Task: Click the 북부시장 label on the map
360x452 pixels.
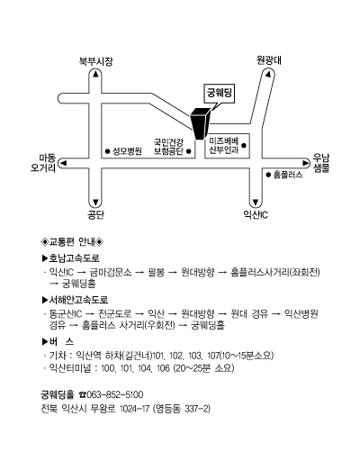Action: pyautogui.click(x=96, y=61)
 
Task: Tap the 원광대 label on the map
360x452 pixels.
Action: pyautogui.click(x=269, y=60)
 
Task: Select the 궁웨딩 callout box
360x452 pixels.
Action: pyautogui.click(x=220, y=94)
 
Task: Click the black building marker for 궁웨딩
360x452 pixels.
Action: pyautogui.click(x=200, y=123)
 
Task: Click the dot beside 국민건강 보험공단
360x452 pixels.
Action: pyautogui.click(x=189, y=151)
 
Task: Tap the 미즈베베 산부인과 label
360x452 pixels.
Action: pyautogui.click(x=224, y=146)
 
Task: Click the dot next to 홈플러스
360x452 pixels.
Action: pyautogui.click(x=268, y=175)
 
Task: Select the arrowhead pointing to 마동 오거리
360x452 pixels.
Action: pyautogui.click(x=63, y=163)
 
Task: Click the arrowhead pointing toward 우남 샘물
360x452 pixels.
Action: pyautogui.click(x=306, y=163)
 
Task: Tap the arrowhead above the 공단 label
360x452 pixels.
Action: pyautogui.click(x=95, y=202)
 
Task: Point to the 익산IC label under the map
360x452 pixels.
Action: pyautogui.click(x=256, y=214)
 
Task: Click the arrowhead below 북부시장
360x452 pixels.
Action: pyautogui.click(x=95, y=74)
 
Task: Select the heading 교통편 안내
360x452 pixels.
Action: pyautogui.click(x=72, y=241)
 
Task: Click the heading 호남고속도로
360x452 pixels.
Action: pyautogui.click(x=71, y=258)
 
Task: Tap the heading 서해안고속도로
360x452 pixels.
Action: pyautogui.click(x=76, y=300)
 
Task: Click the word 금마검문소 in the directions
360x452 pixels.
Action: pyautogui.click(x=111, y=272)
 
